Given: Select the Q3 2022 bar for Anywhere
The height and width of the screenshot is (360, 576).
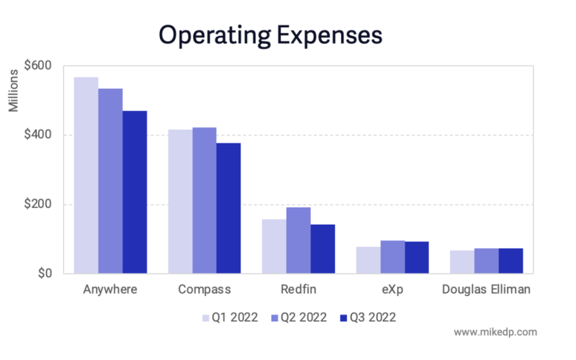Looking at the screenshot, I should tap(135, 192).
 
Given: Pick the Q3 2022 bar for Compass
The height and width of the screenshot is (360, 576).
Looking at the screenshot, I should tap(229, 208).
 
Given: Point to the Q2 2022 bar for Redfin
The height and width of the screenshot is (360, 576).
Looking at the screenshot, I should tap(299, 240).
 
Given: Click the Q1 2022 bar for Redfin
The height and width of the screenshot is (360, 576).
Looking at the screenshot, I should tap(274, 246).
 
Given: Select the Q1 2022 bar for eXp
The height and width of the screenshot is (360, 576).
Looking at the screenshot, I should tap(369, 260).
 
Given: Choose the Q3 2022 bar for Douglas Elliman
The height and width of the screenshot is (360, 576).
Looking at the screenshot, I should tap(510, 261).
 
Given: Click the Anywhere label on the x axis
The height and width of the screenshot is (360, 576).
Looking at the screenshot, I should tap(110, 290).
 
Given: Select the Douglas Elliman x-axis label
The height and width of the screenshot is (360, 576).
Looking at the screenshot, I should tap(487, 290).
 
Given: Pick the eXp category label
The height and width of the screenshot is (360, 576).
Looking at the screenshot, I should tap(392, 290).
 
